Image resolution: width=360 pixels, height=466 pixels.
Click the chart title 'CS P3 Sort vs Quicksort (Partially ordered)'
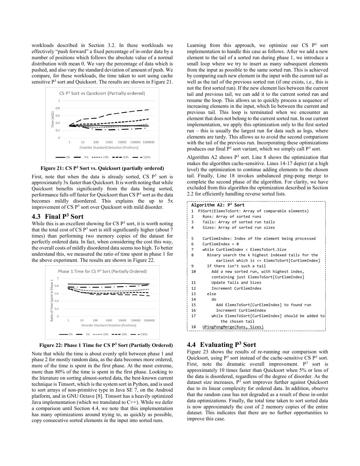click(102, 93)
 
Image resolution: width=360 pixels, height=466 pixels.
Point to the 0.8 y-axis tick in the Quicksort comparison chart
click(58, 108)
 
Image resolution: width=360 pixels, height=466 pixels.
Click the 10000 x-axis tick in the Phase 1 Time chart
click(122, 320)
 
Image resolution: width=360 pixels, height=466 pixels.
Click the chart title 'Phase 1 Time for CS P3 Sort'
click(102, 271)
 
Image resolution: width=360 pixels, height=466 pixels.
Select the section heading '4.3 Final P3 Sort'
click(58, 216)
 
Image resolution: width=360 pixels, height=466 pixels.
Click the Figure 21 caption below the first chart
click(102, 168)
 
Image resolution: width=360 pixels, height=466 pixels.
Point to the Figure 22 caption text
click(106, 345)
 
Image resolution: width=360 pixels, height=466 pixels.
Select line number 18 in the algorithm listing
click(193, 327)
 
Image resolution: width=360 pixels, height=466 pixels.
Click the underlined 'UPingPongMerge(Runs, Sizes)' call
click(233, 327)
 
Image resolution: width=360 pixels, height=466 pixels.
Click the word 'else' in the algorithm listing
click(212, 294)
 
